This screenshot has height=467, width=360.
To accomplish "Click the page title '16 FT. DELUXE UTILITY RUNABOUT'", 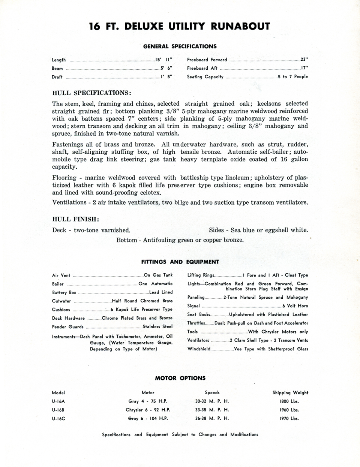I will (180, 26).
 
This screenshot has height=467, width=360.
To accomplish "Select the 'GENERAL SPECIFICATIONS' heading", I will (180, 46).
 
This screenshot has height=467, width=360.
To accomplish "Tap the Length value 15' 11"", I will (163, 60).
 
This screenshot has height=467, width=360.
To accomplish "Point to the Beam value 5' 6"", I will (166, 69).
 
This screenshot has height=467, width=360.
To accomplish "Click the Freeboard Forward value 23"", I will (304, 60).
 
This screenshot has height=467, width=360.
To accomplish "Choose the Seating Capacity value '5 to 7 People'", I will (293, 77).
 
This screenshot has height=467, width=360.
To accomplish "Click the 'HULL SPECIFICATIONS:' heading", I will (91, 93).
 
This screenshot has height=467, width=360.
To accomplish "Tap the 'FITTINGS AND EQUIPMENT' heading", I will (180, 262).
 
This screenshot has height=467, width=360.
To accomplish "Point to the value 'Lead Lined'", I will (161, 292).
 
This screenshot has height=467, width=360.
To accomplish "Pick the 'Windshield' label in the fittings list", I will (199, 349).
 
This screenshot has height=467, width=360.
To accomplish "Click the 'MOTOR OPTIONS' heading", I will (180, 378).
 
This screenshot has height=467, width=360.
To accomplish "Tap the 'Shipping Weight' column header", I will (290, 393).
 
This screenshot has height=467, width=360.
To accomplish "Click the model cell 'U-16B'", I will (58, 410).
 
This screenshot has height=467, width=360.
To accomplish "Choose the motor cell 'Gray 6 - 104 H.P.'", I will (148, 419).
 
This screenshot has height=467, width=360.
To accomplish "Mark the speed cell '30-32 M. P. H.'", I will (212, 401).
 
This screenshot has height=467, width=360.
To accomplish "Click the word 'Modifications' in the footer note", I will (244, 435).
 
